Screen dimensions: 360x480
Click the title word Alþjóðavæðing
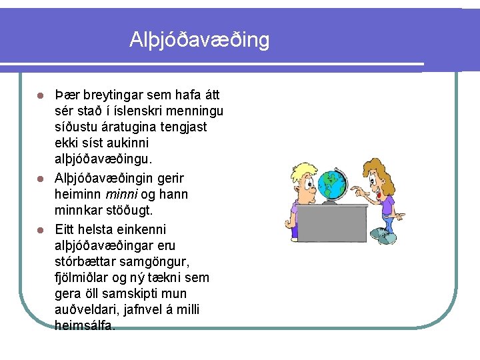pos(199,41)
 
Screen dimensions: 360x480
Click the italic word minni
pos(118,195)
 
